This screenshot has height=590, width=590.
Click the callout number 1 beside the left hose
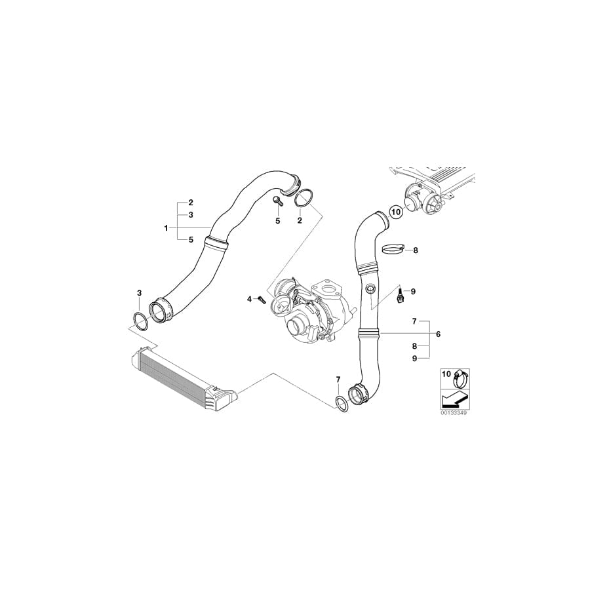pyautogui.click(x=167, y=227)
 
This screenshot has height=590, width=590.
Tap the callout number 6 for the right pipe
pyautogui.click(x=438, y=334)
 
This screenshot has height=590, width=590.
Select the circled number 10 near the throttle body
pyautogui.click(x=395, y=212)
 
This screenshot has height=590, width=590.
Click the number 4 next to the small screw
pyautogui.click(x=249, y=299)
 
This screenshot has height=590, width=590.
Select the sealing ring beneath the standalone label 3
pyautogui.click(x=140, y=319)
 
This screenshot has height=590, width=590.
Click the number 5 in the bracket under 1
pyautogui.click(x=191, y=240)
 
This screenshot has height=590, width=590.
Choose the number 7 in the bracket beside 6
pyautogui.click(x=414, y=321)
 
